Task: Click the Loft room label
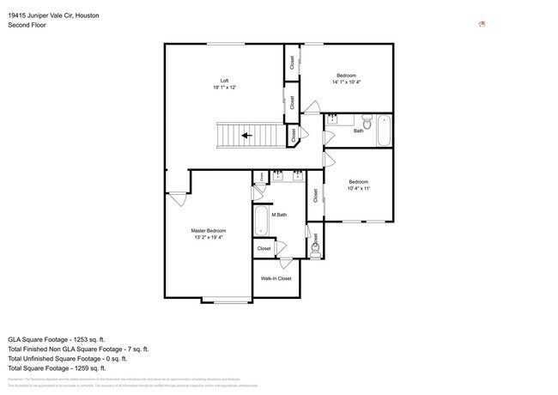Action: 224,81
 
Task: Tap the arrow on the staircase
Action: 246,135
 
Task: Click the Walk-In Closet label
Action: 276,278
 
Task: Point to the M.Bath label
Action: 279,214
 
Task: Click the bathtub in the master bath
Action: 259,220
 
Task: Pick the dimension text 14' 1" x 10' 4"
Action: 347,82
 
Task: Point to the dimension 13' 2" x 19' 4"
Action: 209,237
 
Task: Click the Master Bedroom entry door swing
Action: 179,197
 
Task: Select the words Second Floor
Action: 27,25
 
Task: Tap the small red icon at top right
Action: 482,24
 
